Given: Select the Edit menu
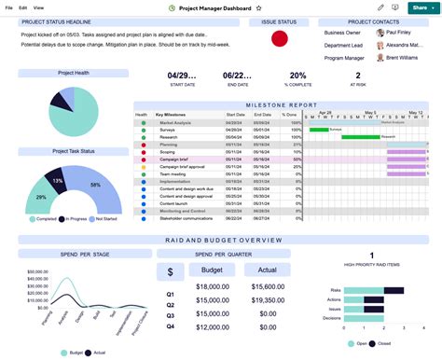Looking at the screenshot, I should (x=21, y=7).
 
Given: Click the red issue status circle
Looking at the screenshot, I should (x=279, y=39).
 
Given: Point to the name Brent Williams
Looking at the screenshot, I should (x=404, y=58).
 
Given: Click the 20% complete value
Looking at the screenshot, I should (x=297, y=76).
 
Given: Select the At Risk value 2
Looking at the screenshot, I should (x=358, y=76).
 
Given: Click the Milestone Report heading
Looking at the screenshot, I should (x=281, y=105).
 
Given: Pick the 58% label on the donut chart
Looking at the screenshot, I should (x=95, y=185).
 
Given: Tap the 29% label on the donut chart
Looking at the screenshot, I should (x=41, y=197).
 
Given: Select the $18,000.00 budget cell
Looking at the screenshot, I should (x=213, y=286).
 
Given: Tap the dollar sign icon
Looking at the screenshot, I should (x=170, y=271).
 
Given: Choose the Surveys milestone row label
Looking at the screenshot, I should (x=169, y=130).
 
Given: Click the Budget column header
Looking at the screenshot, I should (x=212, y=270).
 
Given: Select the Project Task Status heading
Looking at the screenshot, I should (x=73, y=150).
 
